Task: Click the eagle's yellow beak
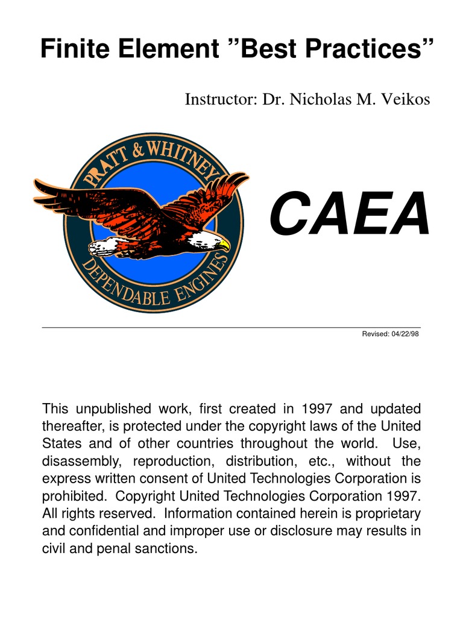(224, 246)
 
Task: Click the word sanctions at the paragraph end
(168, 550)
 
